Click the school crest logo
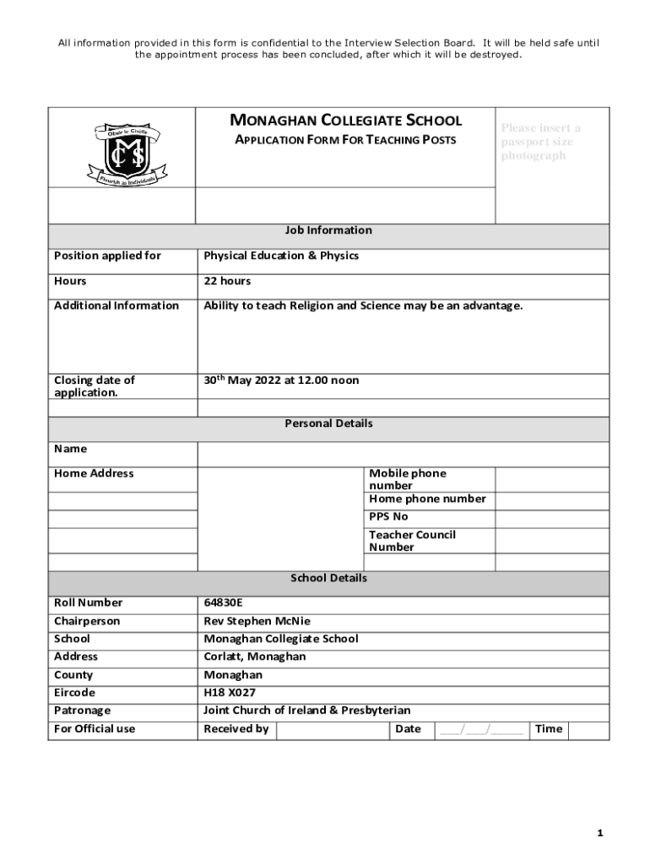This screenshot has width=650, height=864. pos(123,156)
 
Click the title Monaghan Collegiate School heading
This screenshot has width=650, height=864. pos(346,121)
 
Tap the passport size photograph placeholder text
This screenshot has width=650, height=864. pos(540,142)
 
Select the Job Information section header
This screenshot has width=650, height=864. pos(328,230)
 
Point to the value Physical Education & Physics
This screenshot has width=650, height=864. pos(281,256)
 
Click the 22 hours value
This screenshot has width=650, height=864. pos(227,281)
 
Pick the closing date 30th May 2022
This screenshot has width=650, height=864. pos(281,381)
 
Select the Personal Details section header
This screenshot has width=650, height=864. pos(328,424)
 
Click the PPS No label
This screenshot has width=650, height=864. pos(388,516)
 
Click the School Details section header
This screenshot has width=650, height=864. pos(328,579)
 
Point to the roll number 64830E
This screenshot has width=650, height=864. pos(223,602)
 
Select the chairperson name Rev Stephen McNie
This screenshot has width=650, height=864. pos(257,621)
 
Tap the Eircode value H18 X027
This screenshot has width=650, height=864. pos(230,693)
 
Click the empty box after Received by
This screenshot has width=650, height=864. pos(332,729)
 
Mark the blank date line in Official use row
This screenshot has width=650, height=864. pos(481,729)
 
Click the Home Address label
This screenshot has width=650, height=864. pos(94,473)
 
